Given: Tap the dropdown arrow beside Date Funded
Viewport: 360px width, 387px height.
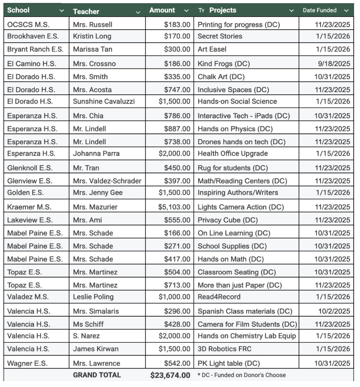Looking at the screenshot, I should click(x=346, y=10).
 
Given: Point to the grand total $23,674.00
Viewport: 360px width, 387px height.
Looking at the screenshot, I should click(x=170, y=375).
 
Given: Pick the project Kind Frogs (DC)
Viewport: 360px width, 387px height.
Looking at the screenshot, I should click(x=224, y=64).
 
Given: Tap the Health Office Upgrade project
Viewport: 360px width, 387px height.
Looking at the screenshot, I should click(x=233, y=153).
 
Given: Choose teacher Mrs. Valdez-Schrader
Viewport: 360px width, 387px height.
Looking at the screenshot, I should click(x=107, y=181).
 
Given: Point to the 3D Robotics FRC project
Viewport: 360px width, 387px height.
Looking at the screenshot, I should click(x=224, y=349).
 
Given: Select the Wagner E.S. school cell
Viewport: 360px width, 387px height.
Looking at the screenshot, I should click(x=27, y=363).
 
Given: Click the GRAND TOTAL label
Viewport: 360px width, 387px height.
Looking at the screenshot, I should click(x=97, y=375).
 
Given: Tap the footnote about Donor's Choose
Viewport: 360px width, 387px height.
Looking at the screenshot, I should click(x=242, y=375).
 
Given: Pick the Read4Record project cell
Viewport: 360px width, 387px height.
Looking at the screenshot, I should click(x=219, y=297).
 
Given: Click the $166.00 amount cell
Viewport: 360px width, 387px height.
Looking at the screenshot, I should click(x=177, y=233).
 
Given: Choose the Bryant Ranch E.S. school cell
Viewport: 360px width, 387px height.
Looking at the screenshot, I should click(x=35, y=49).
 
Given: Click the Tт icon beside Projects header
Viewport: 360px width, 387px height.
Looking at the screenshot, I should click(x=201, y=10).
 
